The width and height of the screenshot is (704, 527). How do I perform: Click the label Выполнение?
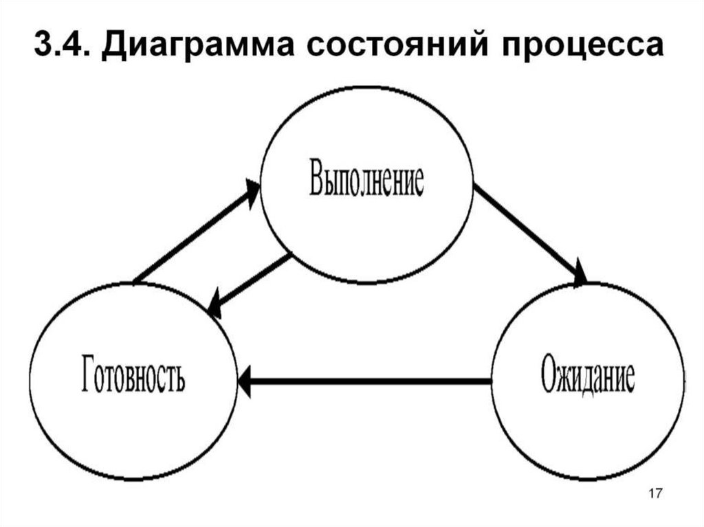366,180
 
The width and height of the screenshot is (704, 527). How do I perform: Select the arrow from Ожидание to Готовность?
364,379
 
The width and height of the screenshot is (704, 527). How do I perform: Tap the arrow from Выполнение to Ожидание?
529,233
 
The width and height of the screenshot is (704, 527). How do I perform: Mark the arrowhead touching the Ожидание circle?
580,273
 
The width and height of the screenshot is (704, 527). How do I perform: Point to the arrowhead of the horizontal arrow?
246,379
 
